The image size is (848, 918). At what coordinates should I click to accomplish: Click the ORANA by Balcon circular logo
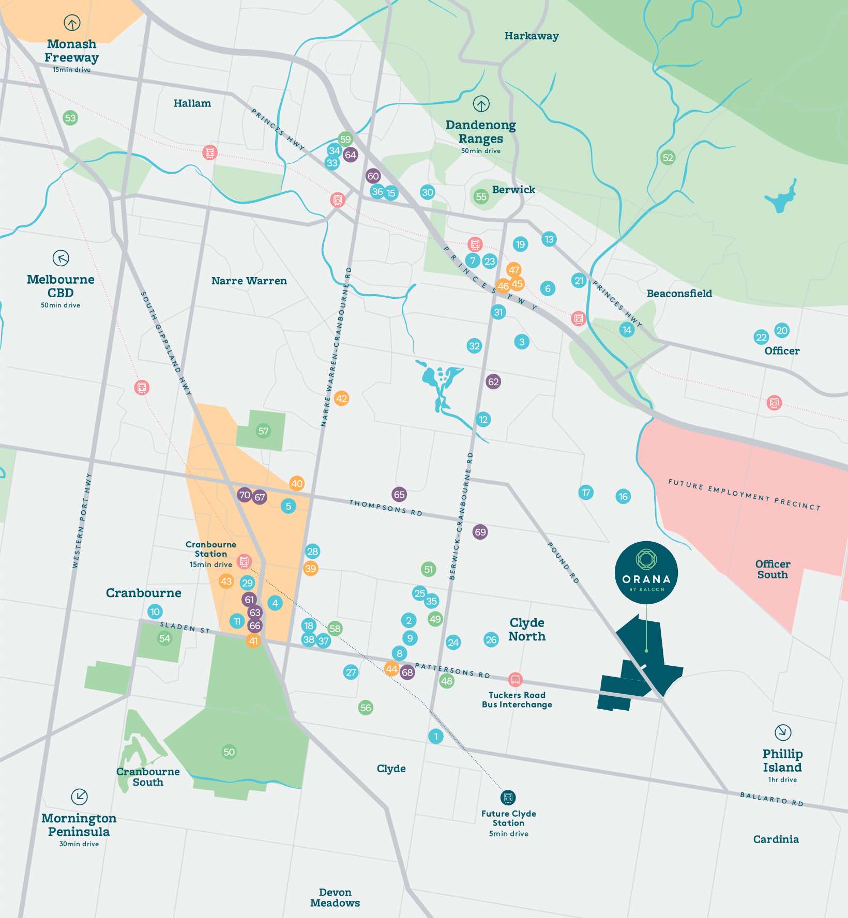(646, 572)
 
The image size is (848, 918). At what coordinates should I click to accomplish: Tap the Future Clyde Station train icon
(508, 797)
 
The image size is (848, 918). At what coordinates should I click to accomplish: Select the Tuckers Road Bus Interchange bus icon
(515, 680)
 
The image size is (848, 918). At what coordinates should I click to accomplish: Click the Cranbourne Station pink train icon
(244, 561)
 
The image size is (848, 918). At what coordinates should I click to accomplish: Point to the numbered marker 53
(70, 118)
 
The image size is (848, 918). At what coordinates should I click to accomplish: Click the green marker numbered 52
(668, 158)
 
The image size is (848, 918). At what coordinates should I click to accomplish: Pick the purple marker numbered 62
(493, 382)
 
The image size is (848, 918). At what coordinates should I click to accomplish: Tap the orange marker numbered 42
(341, 399)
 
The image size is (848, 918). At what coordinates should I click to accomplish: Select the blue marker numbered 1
(436, 736)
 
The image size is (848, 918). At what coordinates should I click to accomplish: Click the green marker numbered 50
(229, 752)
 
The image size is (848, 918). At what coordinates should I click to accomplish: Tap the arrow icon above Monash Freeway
(72, 23)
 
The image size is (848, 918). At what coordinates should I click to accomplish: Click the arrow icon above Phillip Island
(783, 732)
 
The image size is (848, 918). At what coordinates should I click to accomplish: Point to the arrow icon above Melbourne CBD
(61, 258)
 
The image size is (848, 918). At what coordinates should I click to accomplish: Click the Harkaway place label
(532, 36)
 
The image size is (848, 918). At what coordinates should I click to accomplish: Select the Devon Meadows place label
(335, 897)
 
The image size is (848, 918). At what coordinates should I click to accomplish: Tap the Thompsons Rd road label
(386, 507)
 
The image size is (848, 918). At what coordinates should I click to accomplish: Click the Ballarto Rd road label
(771, 799)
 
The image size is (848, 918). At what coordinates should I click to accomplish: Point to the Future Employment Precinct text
(744, 495)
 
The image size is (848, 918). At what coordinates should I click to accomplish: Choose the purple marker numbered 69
(480, 532)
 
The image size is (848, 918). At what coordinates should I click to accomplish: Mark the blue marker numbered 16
(623, 497)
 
